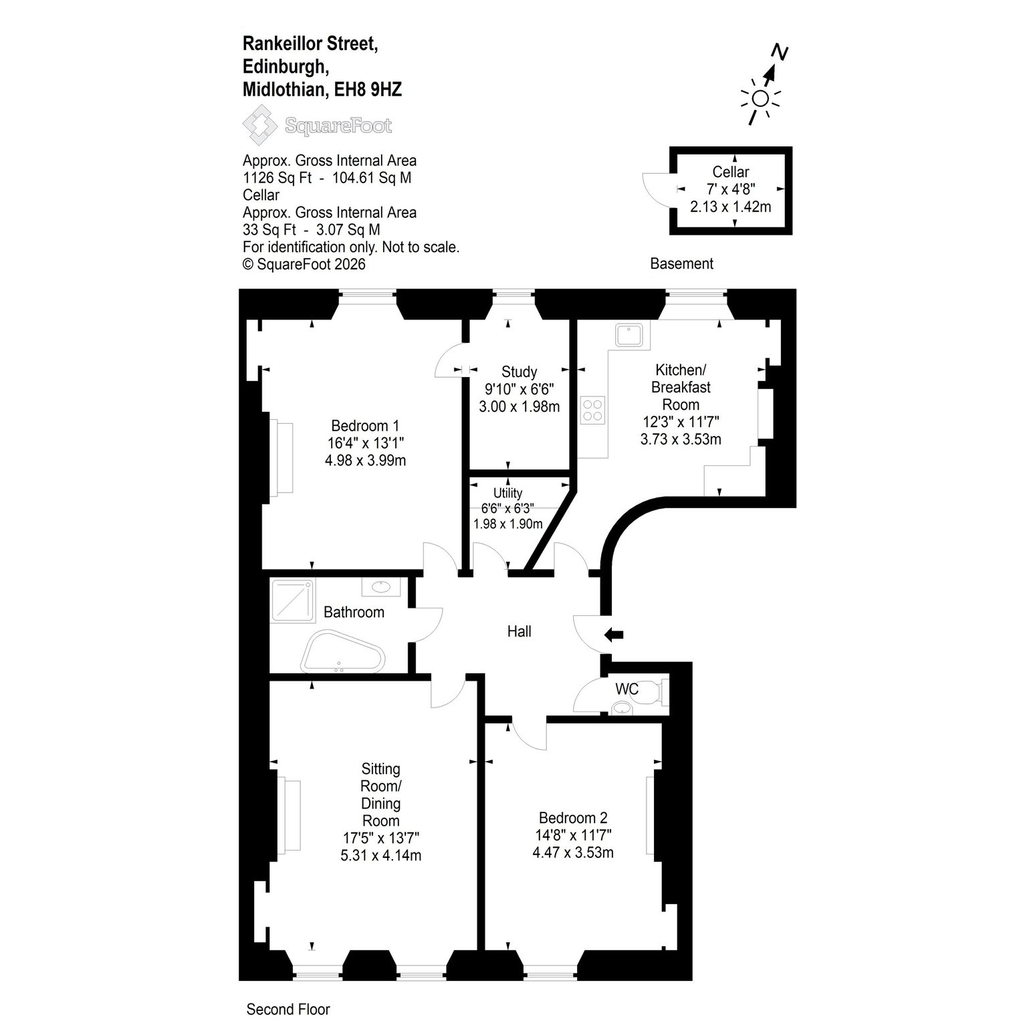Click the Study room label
click(x=519, y=372)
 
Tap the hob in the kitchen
click(x=593, y=409)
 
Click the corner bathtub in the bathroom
click(x=341, y=651)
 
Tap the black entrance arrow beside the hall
click(x=613, y=635)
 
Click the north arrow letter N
click(x=779, y=51)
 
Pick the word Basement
click(x=681, y=263)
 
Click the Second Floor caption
click(x=288, y=1009)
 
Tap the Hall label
click(x=519, y=631)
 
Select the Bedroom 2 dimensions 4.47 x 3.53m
click(x=573, y=852)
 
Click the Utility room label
click(x=507, y=493)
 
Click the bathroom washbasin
click(x=381, y=587)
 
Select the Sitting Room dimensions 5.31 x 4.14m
click(x=380, y=855)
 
